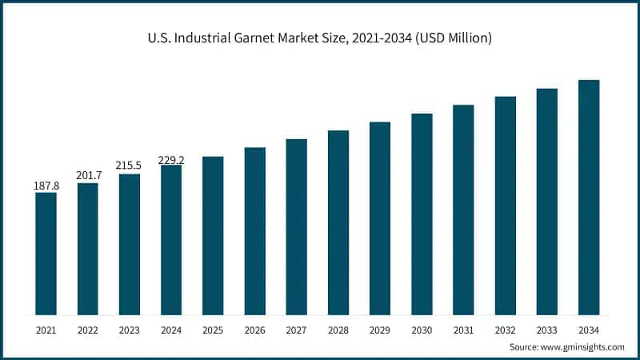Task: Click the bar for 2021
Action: (46, 254)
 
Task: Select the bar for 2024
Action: (171, 240)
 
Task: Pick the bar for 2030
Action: (422, 214)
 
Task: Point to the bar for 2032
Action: (506, 206)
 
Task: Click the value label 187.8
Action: (46, 186)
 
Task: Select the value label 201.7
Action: (88, 176)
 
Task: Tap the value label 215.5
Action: (130, 166)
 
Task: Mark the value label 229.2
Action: (171, 160)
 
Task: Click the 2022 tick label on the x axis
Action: (88, 330)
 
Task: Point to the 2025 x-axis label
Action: (213, 330)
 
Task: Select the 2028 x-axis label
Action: (338, 330)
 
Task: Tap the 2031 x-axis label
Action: (463, 330)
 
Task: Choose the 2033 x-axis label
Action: (547, 330)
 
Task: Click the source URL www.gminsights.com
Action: (583, 347)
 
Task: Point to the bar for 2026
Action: (255, 231)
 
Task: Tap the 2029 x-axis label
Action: (380, 330)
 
